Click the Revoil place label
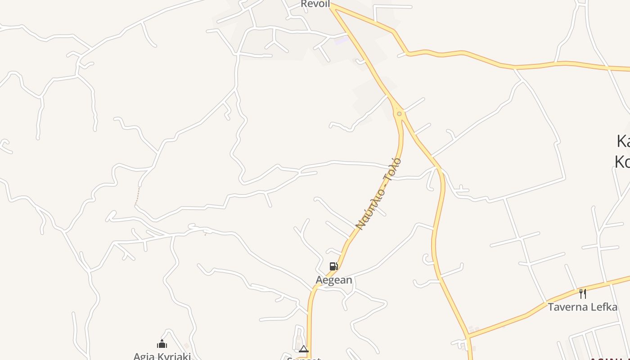point(315,4)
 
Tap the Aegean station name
point(334,280)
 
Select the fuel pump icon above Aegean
point(333,266)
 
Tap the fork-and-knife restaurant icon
point(583,294)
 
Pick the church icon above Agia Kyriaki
point(162,345)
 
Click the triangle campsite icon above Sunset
point(304,349)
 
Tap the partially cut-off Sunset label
point(304,358)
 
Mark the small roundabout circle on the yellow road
point(399,114)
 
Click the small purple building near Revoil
point(342,40)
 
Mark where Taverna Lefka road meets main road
point(468,336)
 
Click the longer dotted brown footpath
point(138,195)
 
